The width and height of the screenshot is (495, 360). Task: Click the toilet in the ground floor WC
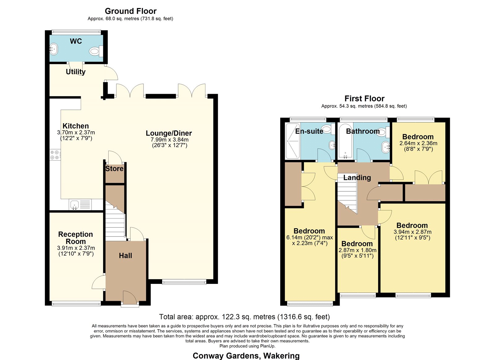pos(96,51)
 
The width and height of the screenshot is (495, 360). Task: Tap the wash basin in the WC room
pos(54,49)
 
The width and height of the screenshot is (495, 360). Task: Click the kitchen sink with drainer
pos(80,205)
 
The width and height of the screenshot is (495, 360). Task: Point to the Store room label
pos(114,169)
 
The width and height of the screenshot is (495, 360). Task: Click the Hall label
pos(125,256)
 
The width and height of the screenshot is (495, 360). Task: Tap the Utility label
pos(75,72)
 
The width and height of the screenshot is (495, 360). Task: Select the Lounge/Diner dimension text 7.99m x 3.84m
pos(170,140)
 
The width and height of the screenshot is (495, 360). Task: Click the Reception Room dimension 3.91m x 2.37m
pos(76,248)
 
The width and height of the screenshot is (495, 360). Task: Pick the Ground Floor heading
pos(131,11)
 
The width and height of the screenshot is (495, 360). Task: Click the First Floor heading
pos(364,98)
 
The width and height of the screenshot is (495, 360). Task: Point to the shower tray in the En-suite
pos(293,141)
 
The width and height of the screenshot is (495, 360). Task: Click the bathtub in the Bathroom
pos(345,141)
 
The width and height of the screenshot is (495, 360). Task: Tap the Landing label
pos(357,178)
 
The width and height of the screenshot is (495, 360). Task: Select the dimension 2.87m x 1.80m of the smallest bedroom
pos(357,250)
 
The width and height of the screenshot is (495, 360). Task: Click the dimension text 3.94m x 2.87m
pos(412,232)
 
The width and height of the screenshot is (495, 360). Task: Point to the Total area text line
pos(244,317)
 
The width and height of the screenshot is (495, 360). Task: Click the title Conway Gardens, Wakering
pos(246,356)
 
